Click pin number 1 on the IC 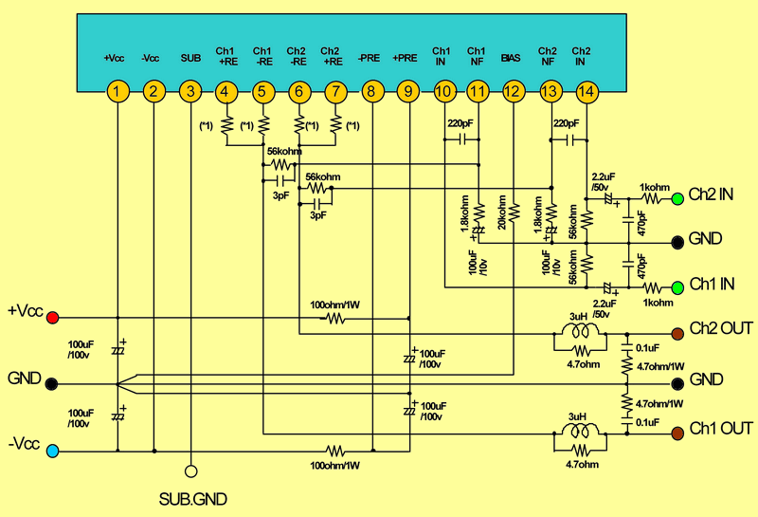coord(116,92)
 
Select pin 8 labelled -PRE coord(371,92)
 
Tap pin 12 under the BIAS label coord(513,92)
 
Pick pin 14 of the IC coord(587,92)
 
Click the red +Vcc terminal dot coord(53,317)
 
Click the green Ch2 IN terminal coord(677,199)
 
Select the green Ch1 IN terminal coord(677,286)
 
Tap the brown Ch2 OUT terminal coord(677,334)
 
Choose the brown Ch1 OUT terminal coord(677,434)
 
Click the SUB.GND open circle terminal coord(190,471)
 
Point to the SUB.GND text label coord(191,498)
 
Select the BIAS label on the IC coord(512,58)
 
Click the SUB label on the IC coord(190,58)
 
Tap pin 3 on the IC coord(190,92)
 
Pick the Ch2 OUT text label coord(721,329)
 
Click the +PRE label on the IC coord(405,58)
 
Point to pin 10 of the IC coord(442,92)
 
